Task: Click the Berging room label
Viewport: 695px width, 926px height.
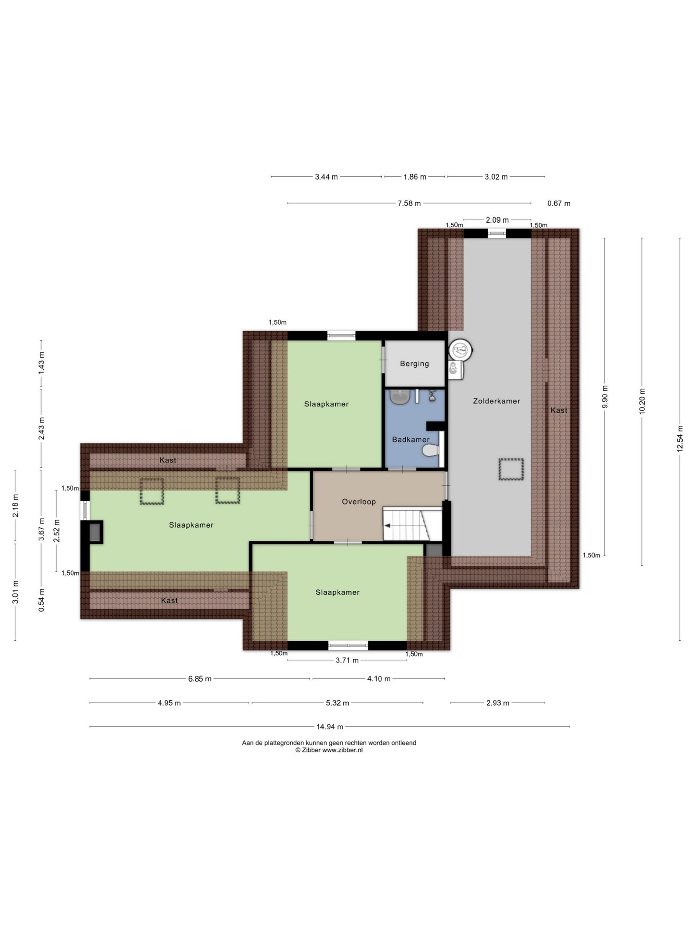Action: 414,363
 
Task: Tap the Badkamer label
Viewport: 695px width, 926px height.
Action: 410,439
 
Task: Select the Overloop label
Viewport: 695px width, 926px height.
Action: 358,501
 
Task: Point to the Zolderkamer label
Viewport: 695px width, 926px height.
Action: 496,401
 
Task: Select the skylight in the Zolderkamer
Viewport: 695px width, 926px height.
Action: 511,469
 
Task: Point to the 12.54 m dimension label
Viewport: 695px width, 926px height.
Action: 680,438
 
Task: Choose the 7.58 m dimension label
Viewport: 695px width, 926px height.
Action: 409,203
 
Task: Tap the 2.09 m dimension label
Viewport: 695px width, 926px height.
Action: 497,220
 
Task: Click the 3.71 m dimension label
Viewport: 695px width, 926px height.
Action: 347,660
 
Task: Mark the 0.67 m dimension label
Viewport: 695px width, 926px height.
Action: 559,203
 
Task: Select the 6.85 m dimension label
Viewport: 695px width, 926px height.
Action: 200,679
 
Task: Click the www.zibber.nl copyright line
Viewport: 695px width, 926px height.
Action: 329,750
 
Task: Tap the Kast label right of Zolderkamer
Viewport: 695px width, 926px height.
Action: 559,410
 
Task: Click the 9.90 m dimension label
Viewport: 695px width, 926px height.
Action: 605,396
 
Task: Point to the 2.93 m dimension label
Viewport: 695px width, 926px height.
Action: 497,703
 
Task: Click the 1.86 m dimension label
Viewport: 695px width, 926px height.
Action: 415,177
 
